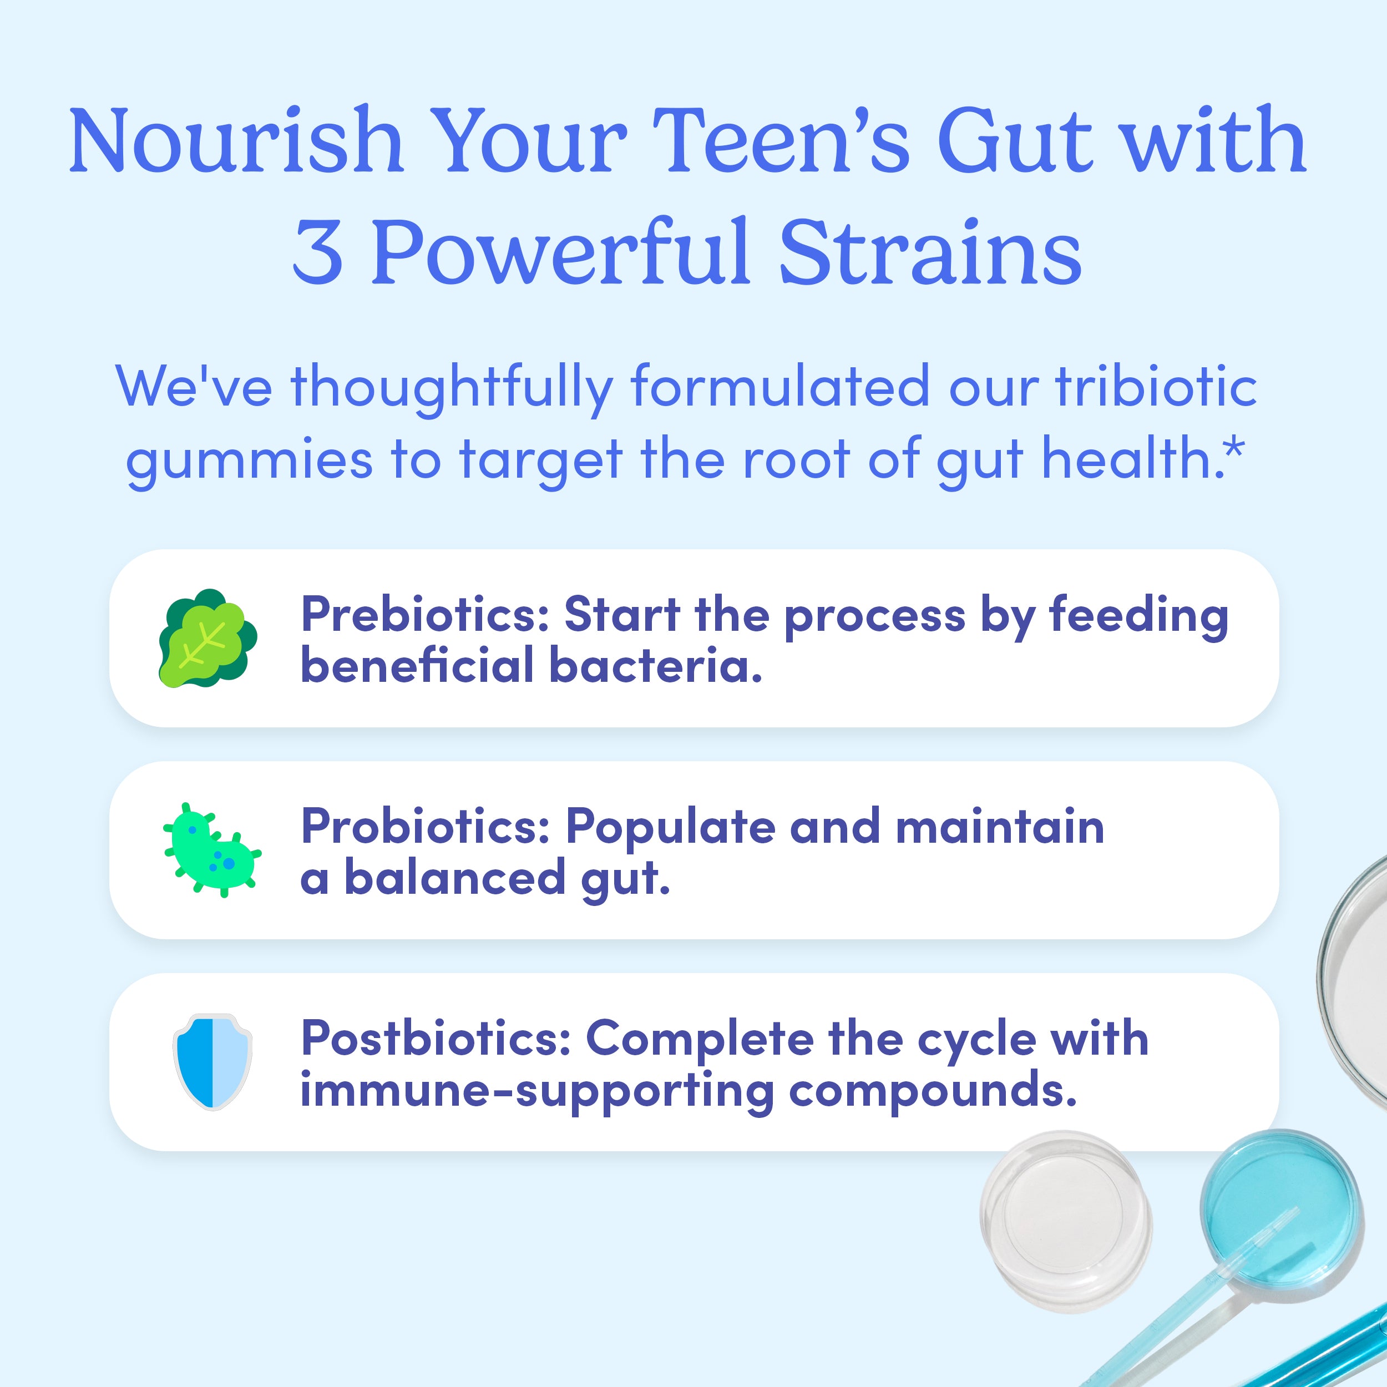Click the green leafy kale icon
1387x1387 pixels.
pos(207,638)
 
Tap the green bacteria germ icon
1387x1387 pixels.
pos(211,850)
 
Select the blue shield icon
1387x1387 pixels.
pos(212,1062)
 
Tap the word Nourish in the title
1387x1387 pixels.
pos(235,141)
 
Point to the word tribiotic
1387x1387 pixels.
pos(1156,386)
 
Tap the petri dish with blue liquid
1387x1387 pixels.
pos(1280,1209)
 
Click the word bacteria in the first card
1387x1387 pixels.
pos(655,665)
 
